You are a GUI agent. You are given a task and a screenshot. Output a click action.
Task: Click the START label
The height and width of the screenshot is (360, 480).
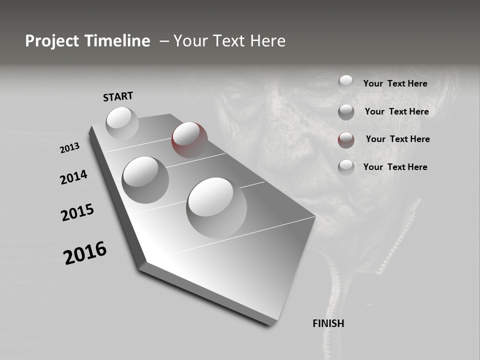(x=118, y=96)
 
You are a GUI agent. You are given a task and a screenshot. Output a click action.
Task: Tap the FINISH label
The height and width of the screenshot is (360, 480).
(x=328, y=323)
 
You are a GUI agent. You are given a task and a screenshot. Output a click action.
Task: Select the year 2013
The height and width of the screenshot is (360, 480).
(x=70, y=148)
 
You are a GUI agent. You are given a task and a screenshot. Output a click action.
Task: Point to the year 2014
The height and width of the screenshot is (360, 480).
(x=73, y=177)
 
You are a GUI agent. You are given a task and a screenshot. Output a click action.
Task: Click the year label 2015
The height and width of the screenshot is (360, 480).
(x=77, y=213)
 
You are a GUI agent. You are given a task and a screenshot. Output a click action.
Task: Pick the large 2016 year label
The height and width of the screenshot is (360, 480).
(x=85, y=253)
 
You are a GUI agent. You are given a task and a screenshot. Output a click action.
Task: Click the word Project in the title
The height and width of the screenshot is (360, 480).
(x=52, y=41)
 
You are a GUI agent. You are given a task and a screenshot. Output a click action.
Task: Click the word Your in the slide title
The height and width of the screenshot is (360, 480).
(x=190, y=41)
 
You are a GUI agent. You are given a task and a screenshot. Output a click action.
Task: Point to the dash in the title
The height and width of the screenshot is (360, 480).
(x=163, y=41)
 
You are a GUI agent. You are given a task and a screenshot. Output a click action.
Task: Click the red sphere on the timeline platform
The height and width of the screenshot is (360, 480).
(x=189, y=139)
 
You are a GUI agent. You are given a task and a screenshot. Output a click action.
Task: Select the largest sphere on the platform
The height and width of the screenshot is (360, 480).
(x=216, y=207)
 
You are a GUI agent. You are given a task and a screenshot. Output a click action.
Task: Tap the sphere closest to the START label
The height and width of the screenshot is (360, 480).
(x=122, y=123)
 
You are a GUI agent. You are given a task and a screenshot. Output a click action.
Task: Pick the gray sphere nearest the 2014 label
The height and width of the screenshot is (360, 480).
(x=145, y=179)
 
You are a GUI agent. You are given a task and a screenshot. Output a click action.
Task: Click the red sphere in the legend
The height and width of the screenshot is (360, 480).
(x=346, y=140)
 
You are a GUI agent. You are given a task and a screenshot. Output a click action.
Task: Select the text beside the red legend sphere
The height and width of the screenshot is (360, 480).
(x=397, y=139)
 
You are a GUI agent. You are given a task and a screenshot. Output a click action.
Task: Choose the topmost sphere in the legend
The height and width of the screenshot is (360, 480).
(x=346, y=82)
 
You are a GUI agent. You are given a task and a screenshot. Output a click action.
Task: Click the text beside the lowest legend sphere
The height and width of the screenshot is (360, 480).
(x=395, y=167)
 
